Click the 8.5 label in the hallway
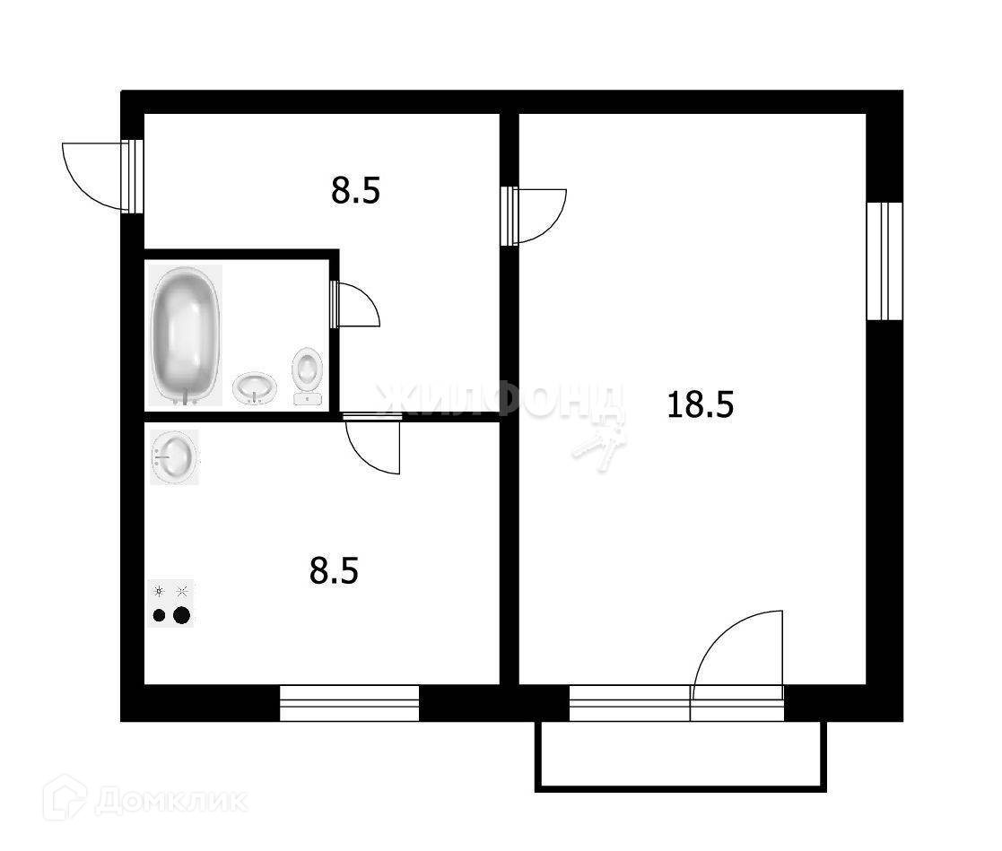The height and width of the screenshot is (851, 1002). point(356,191)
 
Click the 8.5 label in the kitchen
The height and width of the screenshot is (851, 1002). point(334,570)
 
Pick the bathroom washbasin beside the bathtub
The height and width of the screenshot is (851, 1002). point(255,388)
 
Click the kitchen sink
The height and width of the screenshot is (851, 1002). point(174,457)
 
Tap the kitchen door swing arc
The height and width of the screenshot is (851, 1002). point(374,443)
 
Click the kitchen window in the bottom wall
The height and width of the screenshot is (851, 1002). point(350,703)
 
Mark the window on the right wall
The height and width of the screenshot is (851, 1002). point(884,261)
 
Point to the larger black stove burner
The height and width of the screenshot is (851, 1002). point(182,615)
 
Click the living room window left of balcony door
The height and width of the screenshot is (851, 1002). point(629,703)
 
